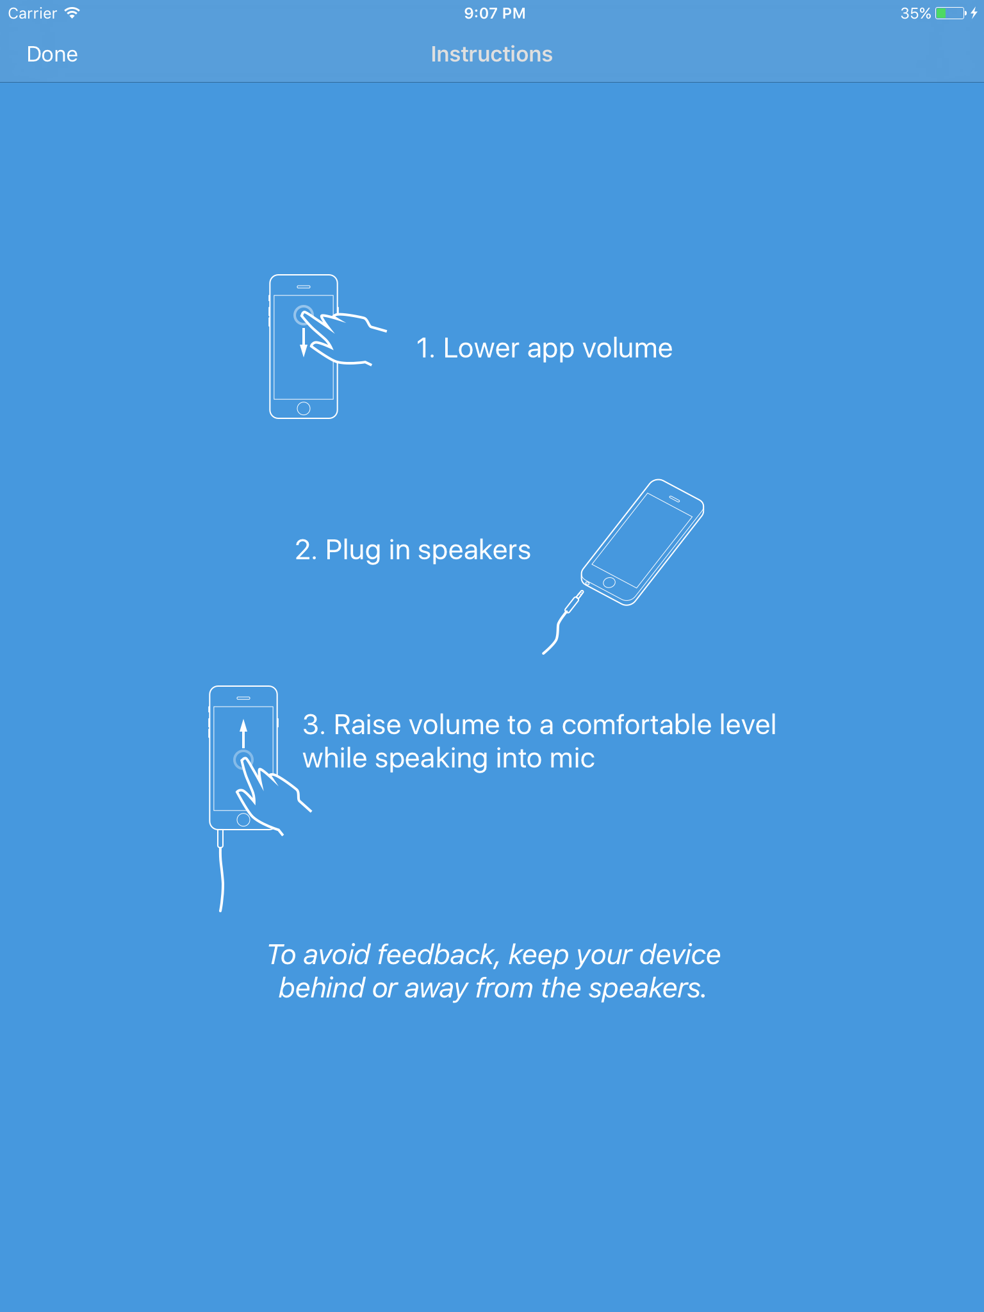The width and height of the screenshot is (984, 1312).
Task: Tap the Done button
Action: click(52, 54)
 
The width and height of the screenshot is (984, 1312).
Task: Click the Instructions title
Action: click(491, 54)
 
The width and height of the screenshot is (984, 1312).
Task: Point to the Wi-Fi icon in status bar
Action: click(72, 13)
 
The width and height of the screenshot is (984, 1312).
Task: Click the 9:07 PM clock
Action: click(495, 13)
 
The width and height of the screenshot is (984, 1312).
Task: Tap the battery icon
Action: click(951, 13)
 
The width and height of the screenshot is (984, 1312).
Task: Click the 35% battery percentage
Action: click(915, 13)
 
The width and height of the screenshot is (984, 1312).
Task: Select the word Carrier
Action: click(33, 13)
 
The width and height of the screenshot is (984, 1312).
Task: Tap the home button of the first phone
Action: click(304, 408)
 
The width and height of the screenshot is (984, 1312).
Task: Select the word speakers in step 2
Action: click(474, 550)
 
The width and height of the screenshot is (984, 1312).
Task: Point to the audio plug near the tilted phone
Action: click(573, 602)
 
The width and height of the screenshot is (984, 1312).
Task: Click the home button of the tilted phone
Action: click(609, 582)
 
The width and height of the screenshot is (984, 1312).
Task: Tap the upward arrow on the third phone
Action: click(243, 734)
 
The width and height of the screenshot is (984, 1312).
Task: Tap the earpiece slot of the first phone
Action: click(304, 286)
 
